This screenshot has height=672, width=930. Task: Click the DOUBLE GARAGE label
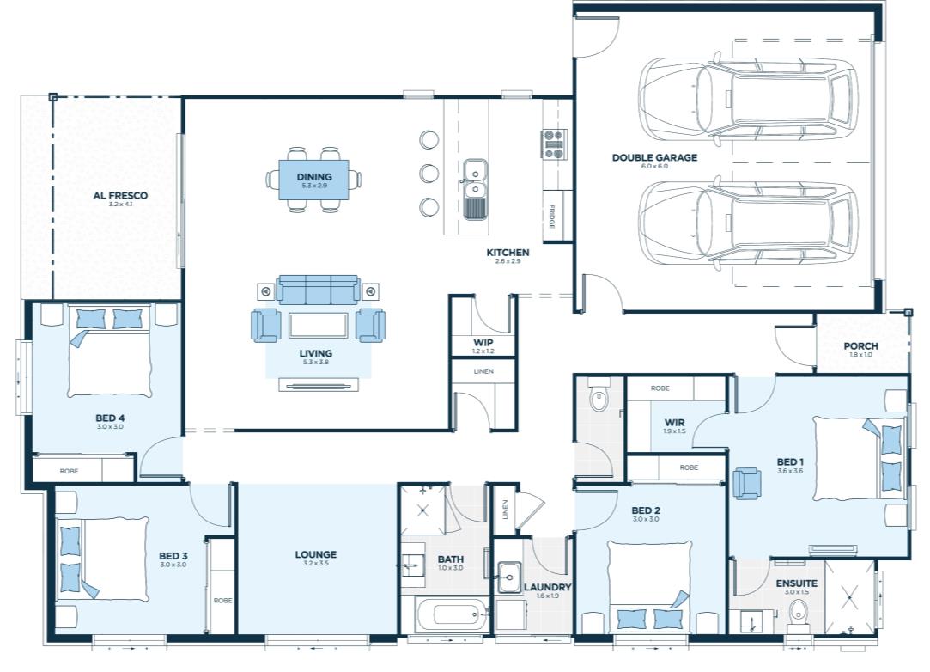pyautogui.click(x=654, y=157)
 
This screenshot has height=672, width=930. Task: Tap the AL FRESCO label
pyautogui.click(x=120, y=195)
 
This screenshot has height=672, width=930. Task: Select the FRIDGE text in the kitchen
pyautogui.click(x=551, y=216)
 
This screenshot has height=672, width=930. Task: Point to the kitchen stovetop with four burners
pyautogui.click(x=554, y=144)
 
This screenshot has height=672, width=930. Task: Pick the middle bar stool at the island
pyautogui.click(x=429, y=174)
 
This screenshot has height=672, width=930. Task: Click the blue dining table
pyautogui.click(x=313, y=180)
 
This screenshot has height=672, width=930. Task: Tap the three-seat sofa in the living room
pyautogui.click(x=318, y=290)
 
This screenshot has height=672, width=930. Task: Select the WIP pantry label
pyautogui.click(x=483, y=343)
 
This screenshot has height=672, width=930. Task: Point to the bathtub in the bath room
pyautogui.click(x=450, y=615)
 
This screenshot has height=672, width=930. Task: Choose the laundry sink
pyautogui.click(x=509, y=577)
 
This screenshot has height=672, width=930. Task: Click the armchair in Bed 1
pyautogui.click(x=747, y=483)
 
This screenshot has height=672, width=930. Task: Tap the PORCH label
pyautogui.click(x=860, y=346)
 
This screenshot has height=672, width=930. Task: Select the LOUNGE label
pyautogui.click(x=315, y=554)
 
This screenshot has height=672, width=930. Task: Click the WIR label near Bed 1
pyautogui.click(x=675, y=423)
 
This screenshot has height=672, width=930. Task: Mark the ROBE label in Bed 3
pyautogui.click(x=223, y=601)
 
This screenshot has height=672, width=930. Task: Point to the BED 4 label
pyautogui.click(x=110, y=418)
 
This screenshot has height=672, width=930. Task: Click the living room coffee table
pyautogui.click(x=318, y=326)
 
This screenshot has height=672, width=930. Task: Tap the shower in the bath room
pyautogui.click(x=422, y=510)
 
